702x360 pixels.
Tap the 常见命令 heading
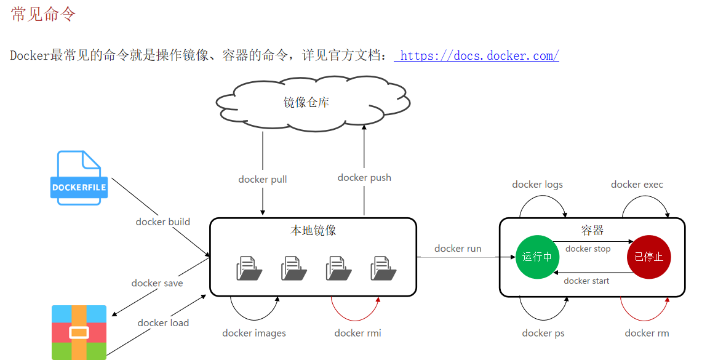(43, 14)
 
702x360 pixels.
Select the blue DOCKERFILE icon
(79, 178)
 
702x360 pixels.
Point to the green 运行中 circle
(537, 257)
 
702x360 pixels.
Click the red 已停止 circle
(648, 257)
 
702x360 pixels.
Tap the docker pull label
(263, 180)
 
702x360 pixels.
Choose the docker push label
(364, 178)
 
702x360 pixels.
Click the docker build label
(163, 222)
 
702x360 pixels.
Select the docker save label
(157, 283)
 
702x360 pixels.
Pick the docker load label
(163, 322)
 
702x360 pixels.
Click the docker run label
(458, 249)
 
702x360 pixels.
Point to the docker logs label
(537, 185)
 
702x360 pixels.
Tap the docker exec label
(637, 185)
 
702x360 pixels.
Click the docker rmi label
(357, 333)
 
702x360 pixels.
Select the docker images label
(254, 333)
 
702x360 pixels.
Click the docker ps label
(543, 333)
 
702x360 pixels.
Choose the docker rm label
(647, 333)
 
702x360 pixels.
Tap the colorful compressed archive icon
(79, 332)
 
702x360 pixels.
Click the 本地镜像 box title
(313, 231)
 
